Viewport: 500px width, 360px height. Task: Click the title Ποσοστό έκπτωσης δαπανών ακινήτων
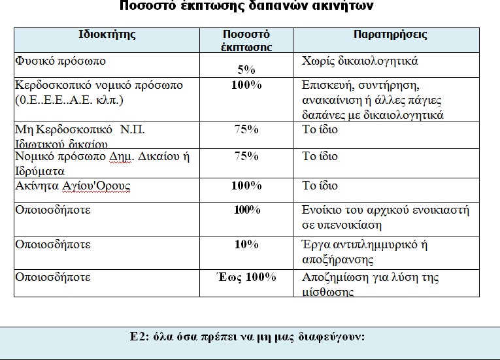[x=248, y=7]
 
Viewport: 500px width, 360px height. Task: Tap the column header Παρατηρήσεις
[x=390, y=35]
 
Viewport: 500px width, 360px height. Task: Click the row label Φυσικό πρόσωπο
[x=59, y=61]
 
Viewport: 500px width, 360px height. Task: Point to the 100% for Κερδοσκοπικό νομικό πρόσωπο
[x=246, y=85]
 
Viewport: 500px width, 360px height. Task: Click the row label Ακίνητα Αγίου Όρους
[x=73, y=186]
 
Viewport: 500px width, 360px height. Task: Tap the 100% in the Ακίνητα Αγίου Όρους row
[x=246, y=186]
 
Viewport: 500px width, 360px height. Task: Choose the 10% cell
[x=246, y=244]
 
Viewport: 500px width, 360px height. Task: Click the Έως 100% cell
[x=246, y=277]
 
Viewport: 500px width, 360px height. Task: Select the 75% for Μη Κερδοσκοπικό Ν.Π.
[x=246, y=129]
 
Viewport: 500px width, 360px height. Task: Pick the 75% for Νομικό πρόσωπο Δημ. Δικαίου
[x=246, y=156]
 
